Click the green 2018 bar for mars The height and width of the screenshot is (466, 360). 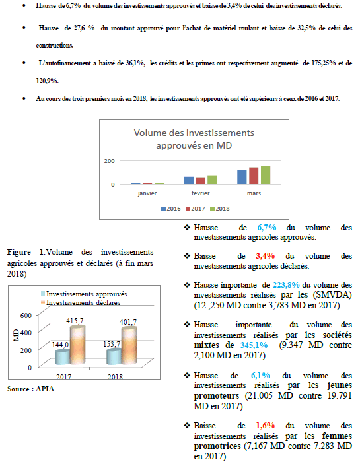(x=266, y=176)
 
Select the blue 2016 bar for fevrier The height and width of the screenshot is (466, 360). (x=189, y=180)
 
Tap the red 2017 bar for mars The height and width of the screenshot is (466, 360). (x=254, y=176)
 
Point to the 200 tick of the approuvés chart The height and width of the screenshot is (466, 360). (x=109, y=161)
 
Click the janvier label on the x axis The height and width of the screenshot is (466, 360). (x=147, y=193)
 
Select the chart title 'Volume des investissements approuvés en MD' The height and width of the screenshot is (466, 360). (x=194, y=139)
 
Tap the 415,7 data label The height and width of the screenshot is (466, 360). (x=75, y=321)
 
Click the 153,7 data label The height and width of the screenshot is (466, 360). (x=112, y=344)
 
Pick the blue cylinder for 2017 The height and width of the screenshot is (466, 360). (x=63, y=357)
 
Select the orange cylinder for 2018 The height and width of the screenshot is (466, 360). (x=129, y=345)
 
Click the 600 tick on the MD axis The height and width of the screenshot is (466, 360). (x=26, y=316)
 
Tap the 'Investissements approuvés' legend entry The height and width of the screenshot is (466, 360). (x=84, y=294)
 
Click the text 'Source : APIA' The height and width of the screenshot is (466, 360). (x=30, y=389)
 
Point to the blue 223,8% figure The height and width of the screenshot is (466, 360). (x=286, y=285)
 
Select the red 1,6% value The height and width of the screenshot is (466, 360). (x=266, y=426)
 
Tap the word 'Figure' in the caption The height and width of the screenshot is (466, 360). (x=19, y=252)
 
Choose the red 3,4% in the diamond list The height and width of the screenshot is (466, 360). (x=266, y=256)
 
